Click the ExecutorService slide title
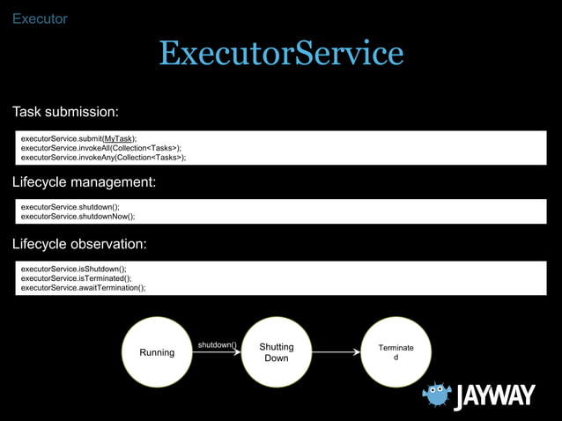pyautogui.click(x=281, y=55)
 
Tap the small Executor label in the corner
pyautogui.click(x=40, y=18)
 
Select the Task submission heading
pyautogui.click(x=65, y=113)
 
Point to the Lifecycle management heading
pyautogui.click(x=84, y=183)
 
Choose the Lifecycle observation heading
pyautogui.click(x=79, y=244)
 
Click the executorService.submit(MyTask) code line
pyautogui.click(x=78, y=139)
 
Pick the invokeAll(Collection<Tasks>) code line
pyautogui.click(x=101, y=148)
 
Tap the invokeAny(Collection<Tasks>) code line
pyautogui.click(x=103, y=158)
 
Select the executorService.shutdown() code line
pyautogui.click(x=70, y=207)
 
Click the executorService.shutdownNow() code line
pyautogui.click(x=78, y=216)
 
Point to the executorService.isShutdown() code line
pyautogui.click(x=73, y=269)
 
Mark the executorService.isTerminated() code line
pyautogui.click(x=76, y=277)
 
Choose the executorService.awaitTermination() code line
pyautogui.click(x=83, y=287)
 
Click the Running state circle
pyautogui.click(x=157, y=352)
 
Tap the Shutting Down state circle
pyautogui.click(x=277, y=352)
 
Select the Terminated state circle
pyautogui.click(x=396, y=352)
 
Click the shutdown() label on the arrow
pyautogui.click(x=217, y=344)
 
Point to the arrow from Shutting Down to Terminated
pyautogui.click(x=336, y=352)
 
